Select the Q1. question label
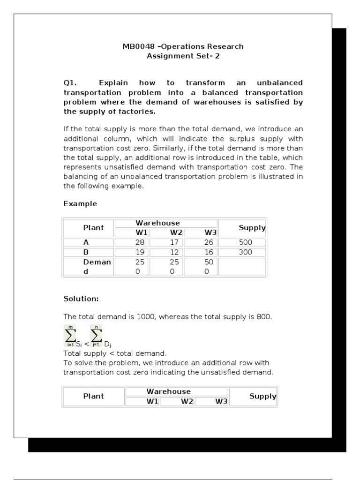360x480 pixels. (x=70, y=83)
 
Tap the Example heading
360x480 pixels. (x=80, y=204)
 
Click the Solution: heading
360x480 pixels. (x=81, y=299)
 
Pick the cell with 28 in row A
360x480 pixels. (x=140, y=242)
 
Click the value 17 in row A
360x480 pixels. (x=174, y=242)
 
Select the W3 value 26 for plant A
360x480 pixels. (x=209, y=242)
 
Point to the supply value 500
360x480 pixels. (x=245, y=242)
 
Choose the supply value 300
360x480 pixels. (x=245, y=252)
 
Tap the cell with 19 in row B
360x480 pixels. (x=140, y=252)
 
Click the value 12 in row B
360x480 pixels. (x=174, y=252)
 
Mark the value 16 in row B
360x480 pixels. (x=209, y=252)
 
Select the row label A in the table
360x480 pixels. (x=86, y=242)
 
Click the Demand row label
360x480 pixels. (x=97, y=267)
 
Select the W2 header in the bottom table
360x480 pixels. (x=187, y=402)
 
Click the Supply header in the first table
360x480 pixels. (x=252, y=228)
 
